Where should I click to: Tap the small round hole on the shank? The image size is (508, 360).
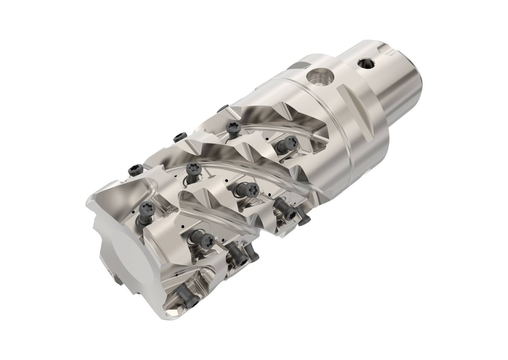tap(367, 63)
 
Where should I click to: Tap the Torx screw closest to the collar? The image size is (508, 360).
tap(287, 144)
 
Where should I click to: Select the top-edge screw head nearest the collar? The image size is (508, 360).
tap(223, 108)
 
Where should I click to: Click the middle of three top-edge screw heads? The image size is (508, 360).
tap(178, 137)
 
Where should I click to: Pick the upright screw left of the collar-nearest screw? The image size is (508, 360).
tap(233, 128)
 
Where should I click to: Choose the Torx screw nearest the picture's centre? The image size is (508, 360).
tap(244, 189)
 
